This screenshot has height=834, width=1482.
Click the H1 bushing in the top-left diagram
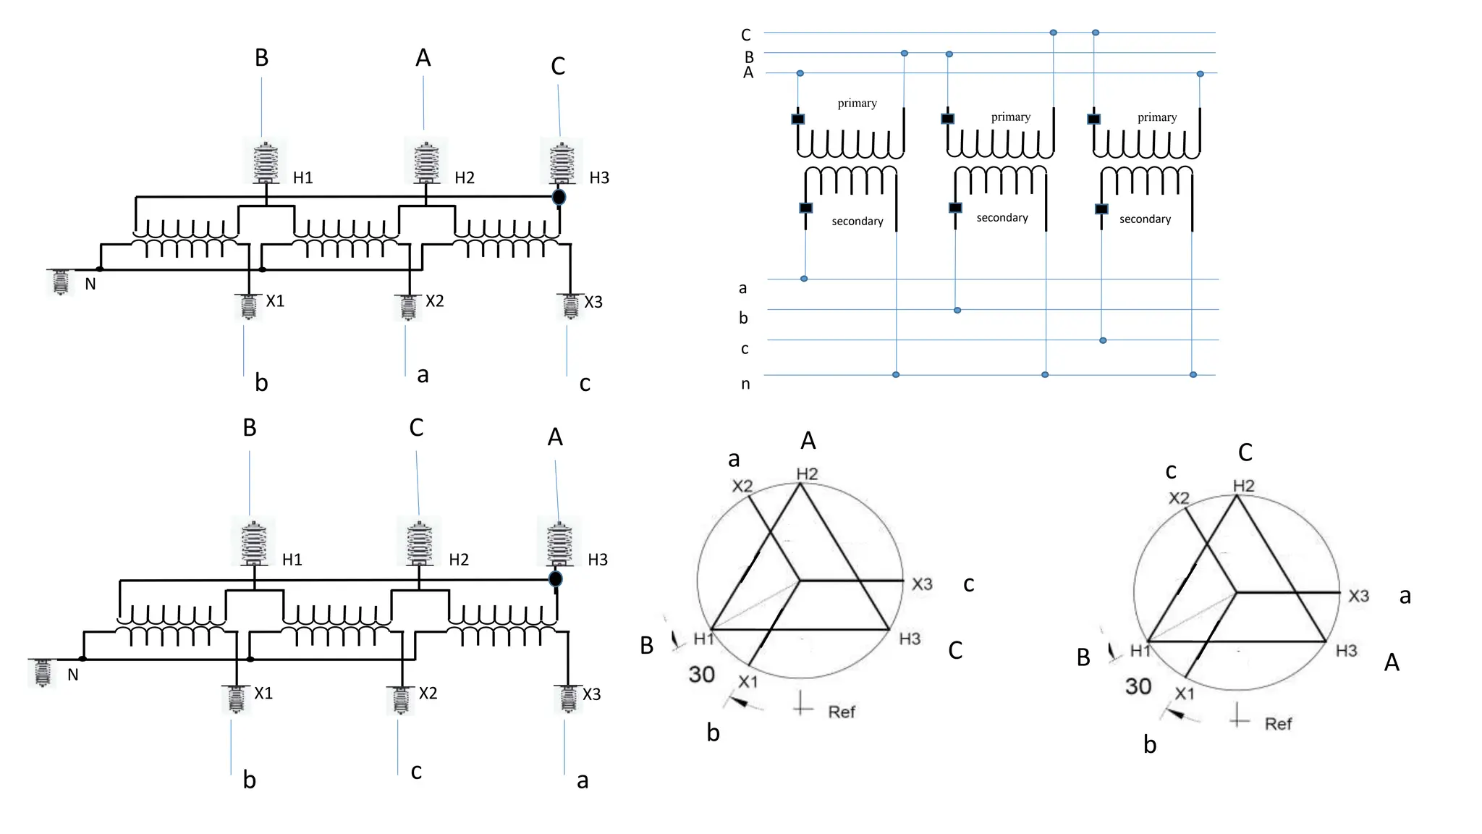(266, 162)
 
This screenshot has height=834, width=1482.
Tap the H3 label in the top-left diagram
(599, 178)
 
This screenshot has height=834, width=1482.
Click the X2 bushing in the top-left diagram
(407, 307)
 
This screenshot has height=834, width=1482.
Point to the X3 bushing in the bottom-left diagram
(568, 699)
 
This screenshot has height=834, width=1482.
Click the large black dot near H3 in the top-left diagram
(559, 197)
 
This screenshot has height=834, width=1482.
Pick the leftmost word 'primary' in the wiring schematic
(857, 104)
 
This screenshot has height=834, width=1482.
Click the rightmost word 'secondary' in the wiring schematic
(1145, 219)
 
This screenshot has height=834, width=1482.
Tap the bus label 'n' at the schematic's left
(745, 384)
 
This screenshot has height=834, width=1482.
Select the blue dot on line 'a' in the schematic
(804, 279)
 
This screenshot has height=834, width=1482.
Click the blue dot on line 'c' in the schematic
(1103, 340)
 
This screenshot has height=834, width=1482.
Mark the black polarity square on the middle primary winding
(947, 119)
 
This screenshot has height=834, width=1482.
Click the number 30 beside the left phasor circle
(701, 675)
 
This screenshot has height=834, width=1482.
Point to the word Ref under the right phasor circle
(1278, 724)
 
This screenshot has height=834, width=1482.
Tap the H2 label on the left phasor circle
(807, 474)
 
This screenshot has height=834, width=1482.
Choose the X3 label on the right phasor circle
(1358, 596)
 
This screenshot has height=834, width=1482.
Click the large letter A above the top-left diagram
(423, 58)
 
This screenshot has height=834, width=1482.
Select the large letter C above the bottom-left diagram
(416, 428)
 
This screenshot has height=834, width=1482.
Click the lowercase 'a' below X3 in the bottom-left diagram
(583, 781)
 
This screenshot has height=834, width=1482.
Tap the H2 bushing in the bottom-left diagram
(419, 543)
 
